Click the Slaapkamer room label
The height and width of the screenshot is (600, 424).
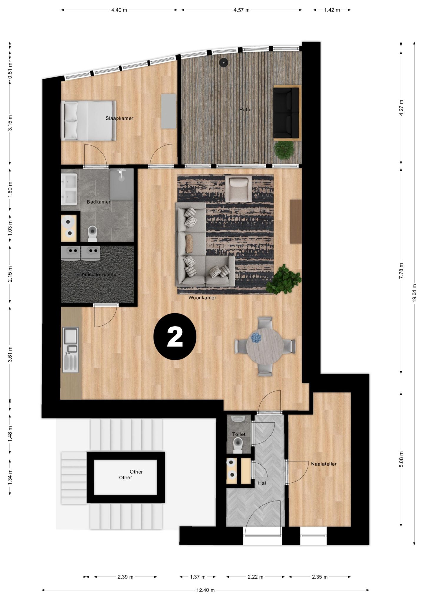pos(119,118)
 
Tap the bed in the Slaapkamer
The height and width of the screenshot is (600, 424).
pos(88,121)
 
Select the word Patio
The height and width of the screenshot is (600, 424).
pos(245,110)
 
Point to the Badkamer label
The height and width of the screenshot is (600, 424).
pos(99,202)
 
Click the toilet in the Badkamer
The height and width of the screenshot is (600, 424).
pos(92,233)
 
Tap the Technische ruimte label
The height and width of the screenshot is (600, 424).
pos(95,274)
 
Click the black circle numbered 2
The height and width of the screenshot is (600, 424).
pos(175,336)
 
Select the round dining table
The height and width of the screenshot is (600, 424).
pos(265,346)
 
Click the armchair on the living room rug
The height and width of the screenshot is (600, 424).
pos(238,189)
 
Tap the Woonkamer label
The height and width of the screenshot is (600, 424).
pos(202,298)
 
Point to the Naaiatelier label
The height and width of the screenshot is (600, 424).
pos(324,464)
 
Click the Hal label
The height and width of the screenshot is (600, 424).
pos(262,483)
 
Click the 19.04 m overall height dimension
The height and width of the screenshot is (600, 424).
pos(414,293)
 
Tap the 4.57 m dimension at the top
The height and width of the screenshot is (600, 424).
pos(241,10)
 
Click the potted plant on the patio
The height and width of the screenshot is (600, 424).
pos(284,150)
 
